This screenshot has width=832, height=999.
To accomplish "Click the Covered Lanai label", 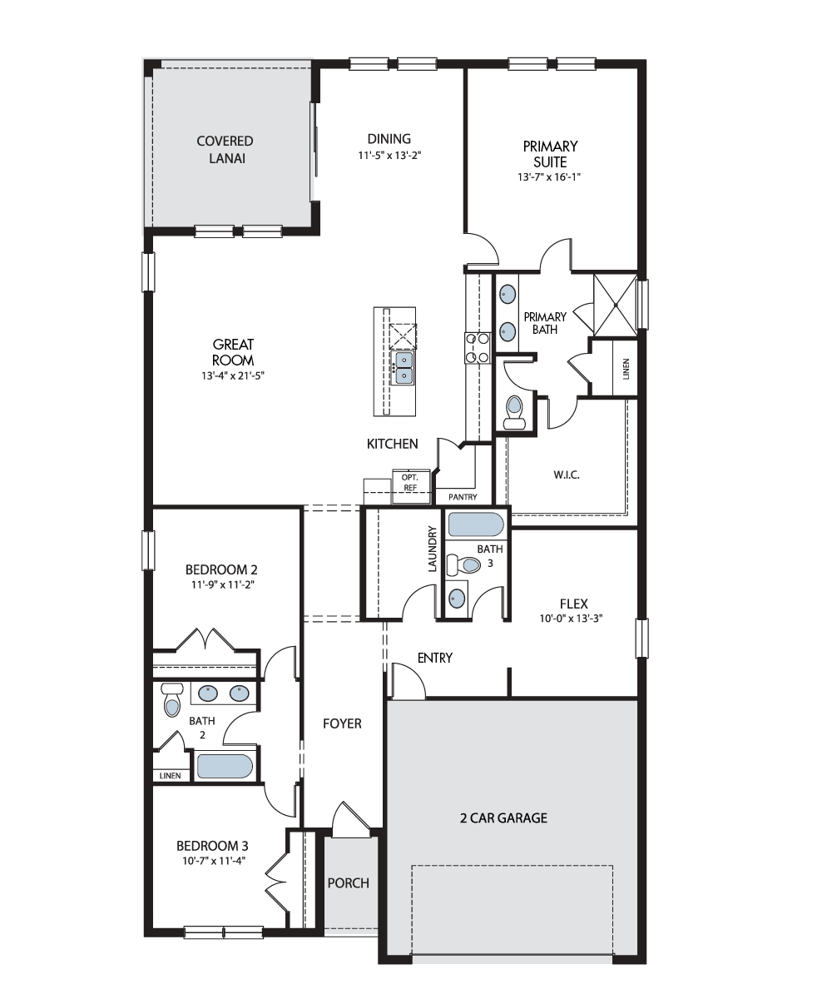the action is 225,149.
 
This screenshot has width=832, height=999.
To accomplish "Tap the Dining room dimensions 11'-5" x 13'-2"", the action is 389,156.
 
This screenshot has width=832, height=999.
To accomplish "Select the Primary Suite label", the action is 550,153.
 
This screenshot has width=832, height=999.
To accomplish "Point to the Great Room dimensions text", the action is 233,375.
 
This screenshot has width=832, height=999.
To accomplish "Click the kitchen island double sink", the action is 403,368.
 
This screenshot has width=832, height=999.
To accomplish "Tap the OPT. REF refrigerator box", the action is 410,486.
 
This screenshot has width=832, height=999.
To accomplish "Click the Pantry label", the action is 463,497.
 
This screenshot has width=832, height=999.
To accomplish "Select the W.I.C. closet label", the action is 567,475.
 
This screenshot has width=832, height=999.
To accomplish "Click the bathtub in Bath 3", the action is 475,524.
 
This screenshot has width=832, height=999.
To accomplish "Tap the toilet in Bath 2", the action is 171,699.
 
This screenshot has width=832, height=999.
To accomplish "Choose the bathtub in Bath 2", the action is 225,767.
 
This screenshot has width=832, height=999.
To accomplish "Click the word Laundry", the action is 433,549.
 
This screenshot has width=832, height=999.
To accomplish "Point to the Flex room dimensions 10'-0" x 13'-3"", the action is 571,619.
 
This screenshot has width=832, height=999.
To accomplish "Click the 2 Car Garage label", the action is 503,818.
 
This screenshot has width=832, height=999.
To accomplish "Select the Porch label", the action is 348,882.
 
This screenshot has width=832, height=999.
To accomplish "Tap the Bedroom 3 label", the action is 212,846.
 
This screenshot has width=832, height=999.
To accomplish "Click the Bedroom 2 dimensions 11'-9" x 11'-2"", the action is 223,584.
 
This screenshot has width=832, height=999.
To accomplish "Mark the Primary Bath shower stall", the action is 616,305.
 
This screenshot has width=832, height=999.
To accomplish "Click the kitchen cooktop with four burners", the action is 478,348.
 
